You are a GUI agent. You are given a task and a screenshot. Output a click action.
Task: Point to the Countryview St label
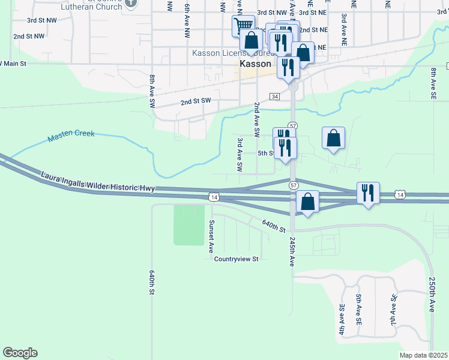(x=237, y=259)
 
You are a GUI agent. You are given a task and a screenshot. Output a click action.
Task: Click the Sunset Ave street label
(x=211, y=235)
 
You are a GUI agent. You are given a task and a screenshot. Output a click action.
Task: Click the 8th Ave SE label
(x=433, y=83)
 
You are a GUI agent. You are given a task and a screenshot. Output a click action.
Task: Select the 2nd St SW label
(x=196, y=102)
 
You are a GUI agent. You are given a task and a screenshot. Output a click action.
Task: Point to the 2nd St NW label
(x=29, y=37)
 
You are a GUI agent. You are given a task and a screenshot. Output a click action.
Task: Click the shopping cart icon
(x=243, y=25)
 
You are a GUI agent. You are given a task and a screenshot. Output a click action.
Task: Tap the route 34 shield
(x=274, y=97)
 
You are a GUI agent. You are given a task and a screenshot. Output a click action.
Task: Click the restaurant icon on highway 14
(x=367, y=192)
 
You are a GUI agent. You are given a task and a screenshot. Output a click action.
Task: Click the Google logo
(x=20, y=353)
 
